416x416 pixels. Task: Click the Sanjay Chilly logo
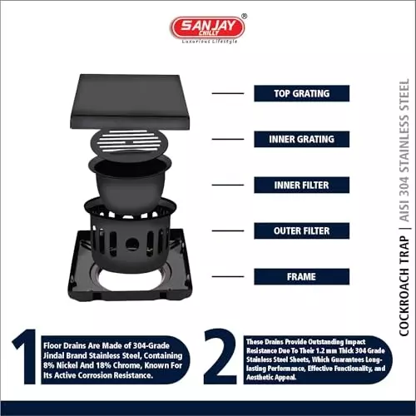(x=207, y=27)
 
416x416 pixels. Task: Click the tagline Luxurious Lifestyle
(x=207, y=41)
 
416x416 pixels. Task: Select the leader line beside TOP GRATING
(x=228, y=93)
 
